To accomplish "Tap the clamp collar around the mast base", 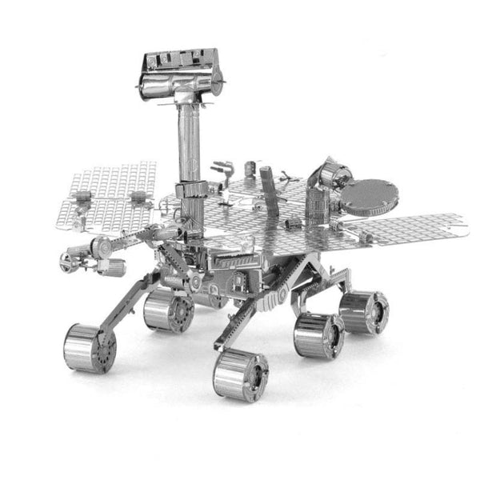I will pyautogui.click(x=190, y=190).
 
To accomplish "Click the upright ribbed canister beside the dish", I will pyautogui.click(x=318, y=204).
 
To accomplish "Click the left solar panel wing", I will pyautogui.click(x=108, y=195).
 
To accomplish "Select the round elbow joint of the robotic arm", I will pyautogui.click(x=102, y=247).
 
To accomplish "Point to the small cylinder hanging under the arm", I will pyautogui.click(x=113, y=267).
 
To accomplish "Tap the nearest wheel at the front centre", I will pyautogui.click(x=240, y=374).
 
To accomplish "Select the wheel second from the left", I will pyautogui.click(x=168, y=310).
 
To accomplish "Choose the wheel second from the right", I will pyautogui.click(x=318, y=335).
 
